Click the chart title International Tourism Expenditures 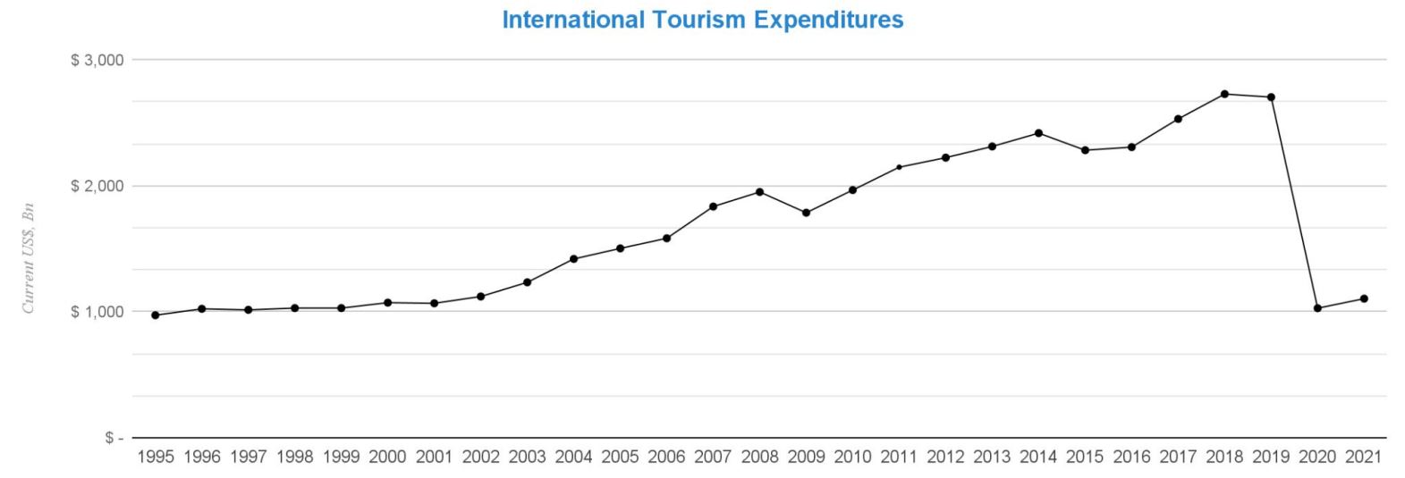point(702,20)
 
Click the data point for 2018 point(1224,94)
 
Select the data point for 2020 point(1317,308)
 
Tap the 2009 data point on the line point(806,213)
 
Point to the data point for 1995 point(156,315)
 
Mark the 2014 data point point(1038,133)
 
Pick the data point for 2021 point(1364,298)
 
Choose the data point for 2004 point(573,259)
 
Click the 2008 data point point(759,192)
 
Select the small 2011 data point point(899,167)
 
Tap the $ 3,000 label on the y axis point(96,60)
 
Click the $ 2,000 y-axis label point(96,186)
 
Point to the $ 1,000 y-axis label point(96,312)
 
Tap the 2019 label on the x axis point(1271,457)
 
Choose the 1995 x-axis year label point(156,457)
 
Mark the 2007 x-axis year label point(713,457)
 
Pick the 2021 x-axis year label point(1364,457)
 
